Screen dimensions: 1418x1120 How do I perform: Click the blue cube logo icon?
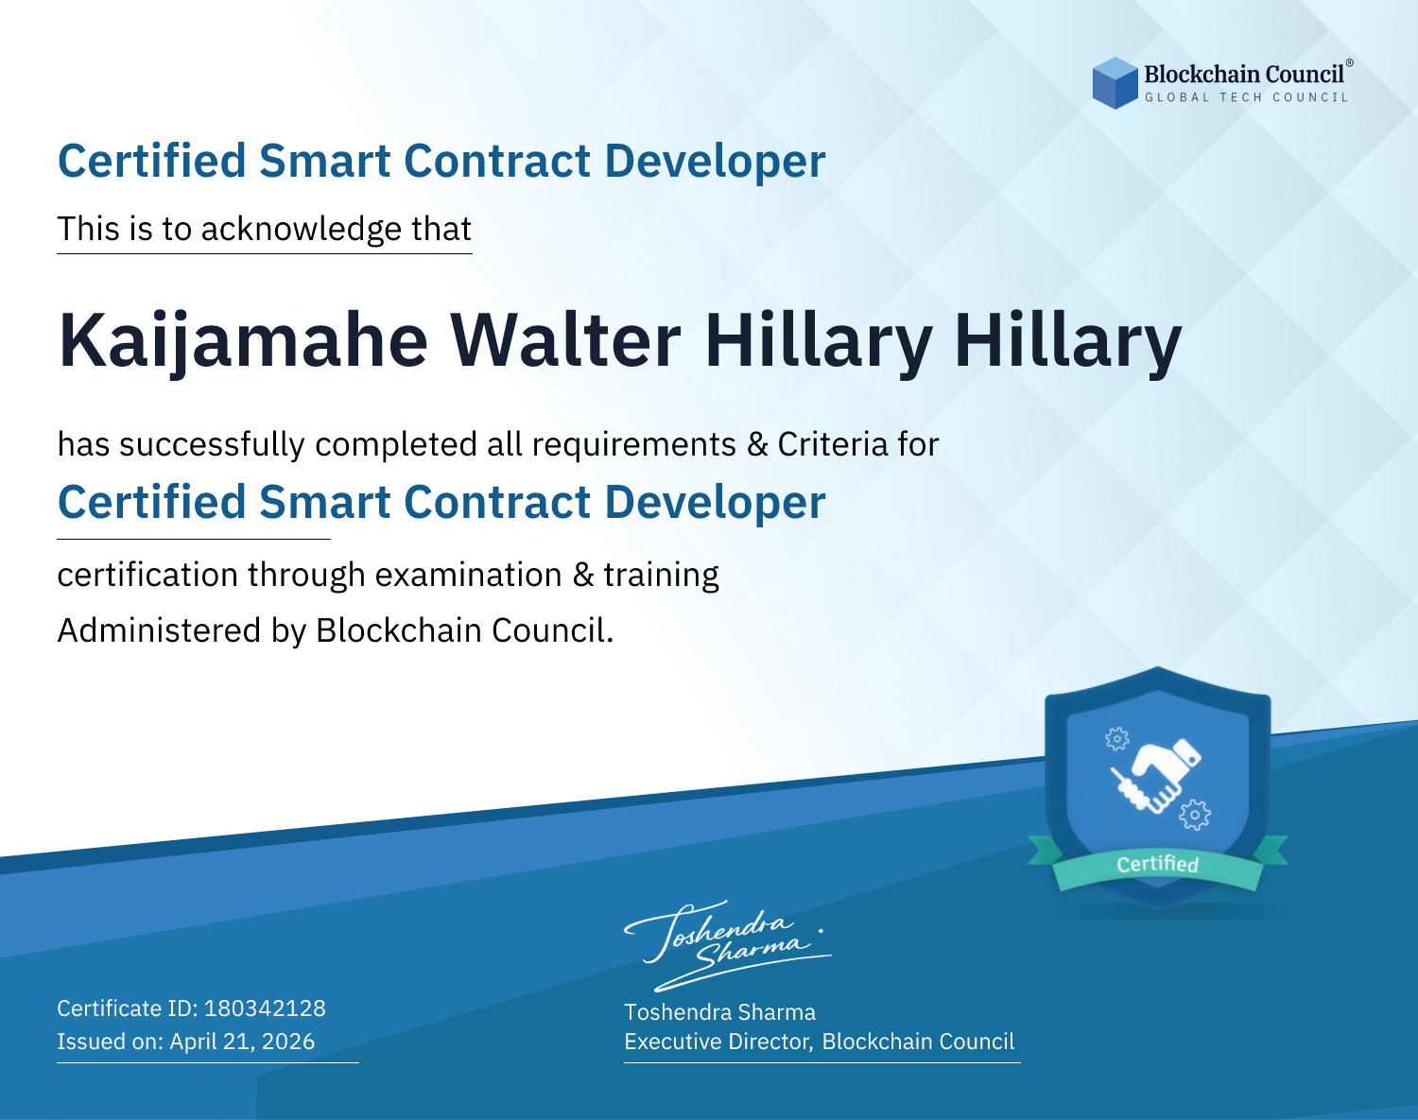1115,83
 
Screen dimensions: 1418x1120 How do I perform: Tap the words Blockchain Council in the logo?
1244,75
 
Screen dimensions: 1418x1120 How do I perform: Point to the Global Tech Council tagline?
1246,97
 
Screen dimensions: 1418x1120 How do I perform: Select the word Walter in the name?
565,340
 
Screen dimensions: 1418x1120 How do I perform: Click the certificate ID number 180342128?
265,1008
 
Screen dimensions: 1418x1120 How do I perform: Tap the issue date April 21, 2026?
242,1042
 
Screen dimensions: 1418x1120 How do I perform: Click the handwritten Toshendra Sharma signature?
728,945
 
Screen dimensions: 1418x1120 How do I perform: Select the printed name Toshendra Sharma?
719,1012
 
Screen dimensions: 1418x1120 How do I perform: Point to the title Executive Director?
717,1042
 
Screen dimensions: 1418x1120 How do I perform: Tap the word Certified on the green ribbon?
1158,864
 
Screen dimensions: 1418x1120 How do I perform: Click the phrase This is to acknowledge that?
265,230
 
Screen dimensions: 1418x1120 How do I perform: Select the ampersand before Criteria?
757,445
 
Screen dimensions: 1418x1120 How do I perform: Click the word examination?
469,575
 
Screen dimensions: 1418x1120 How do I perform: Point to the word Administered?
160,630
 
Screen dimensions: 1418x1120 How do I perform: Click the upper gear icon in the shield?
1116,738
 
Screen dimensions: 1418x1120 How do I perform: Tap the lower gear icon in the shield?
1195,815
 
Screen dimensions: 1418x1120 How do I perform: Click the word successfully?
212,445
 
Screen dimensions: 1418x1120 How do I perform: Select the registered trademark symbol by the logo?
1350,62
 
